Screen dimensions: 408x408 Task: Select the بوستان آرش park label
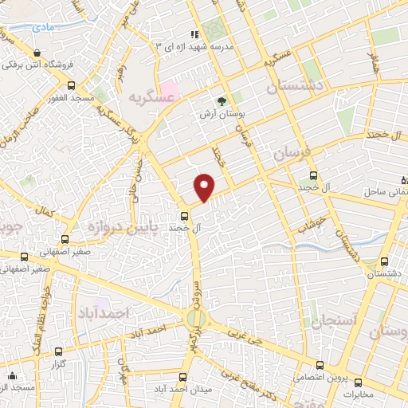222,114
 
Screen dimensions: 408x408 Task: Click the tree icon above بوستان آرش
222,101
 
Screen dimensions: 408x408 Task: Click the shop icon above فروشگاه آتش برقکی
37,53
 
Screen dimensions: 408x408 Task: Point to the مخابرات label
371,393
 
